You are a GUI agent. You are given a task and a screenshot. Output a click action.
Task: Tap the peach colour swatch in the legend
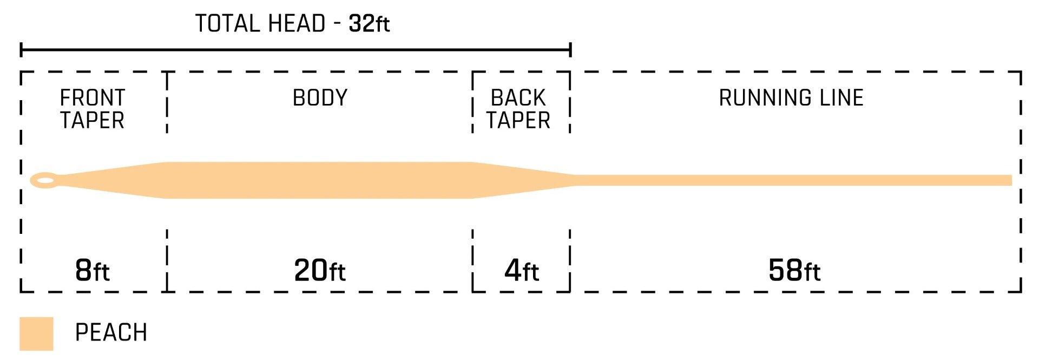pyautogui.click(x=36, y=333)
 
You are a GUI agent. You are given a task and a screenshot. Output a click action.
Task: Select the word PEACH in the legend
pyautogui.click(x=111, y=332)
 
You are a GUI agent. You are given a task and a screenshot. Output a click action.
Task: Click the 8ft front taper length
pyautogui.click(x=93, y=270)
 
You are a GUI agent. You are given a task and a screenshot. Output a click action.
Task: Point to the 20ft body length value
pyautogui.click(x=320, y=270)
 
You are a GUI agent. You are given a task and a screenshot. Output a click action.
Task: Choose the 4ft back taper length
pyautogui.click(x=522, y=270)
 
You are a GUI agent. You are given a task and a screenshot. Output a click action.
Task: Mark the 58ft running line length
pyautogui.click(x=794, y=270)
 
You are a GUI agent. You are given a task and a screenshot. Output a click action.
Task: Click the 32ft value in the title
pyautogui.click(x=369, y=23)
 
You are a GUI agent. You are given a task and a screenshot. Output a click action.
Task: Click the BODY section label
pyautogui.click(x=320, y=98)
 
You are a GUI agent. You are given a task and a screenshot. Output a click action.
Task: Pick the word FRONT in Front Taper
pyautogui.click(x=93, y=98)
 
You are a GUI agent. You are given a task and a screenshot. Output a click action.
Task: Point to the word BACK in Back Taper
pyautogui.click(x=518, y=98)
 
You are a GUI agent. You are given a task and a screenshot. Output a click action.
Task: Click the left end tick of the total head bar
pyautogui.click(x=21, y=50)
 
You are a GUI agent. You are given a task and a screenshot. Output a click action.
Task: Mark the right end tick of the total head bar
pyautogui.click(x=570, y=50)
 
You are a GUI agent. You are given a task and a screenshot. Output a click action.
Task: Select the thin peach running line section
pyautogui.click(x=793, y=180)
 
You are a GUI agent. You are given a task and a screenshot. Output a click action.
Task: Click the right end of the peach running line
pyautogui.click(x=1011, y=180)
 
